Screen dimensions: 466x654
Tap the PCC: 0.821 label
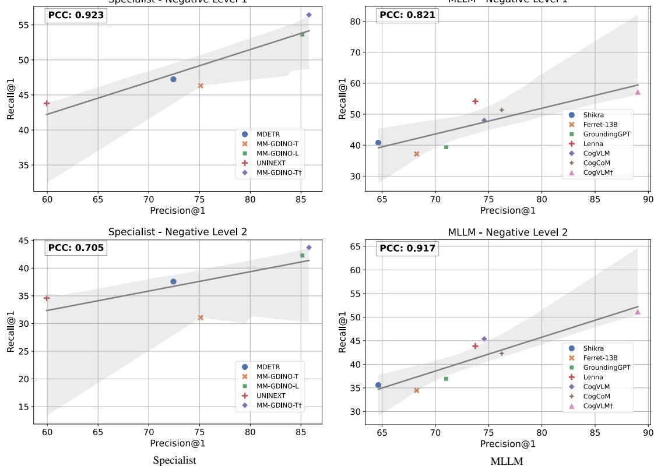tap(407, 16)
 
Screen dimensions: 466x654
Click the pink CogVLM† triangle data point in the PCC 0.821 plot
tap(638, 92)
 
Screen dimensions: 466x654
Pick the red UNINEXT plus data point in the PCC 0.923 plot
tap(47, 103)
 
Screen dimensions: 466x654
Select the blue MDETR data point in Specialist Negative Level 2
tap(173, 281)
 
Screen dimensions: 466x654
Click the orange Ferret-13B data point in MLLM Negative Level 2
tap(416, 390)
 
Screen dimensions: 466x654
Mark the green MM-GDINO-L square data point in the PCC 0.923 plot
tap(302, 34)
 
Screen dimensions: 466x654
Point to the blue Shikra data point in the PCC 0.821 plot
tap(378, 143)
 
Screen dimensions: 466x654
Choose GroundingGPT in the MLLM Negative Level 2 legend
tap(607, 368)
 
